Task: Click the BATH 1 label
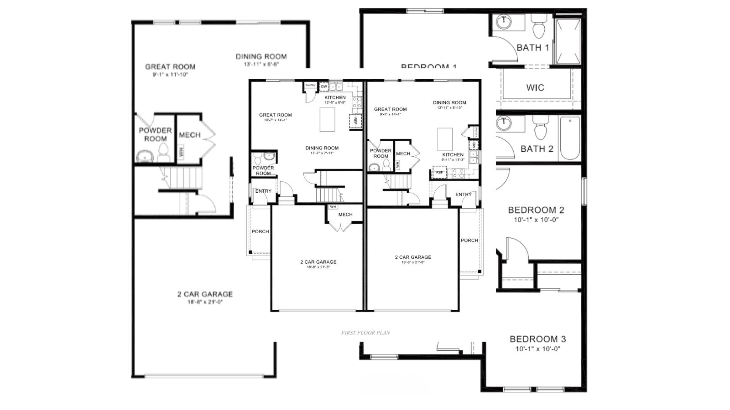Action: [532, 47]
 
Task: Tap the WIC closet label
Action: [535, 87]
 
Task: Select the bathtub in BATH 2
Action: [570, 138]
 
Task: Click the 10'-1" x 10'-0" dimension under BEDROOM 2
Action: [536, 220]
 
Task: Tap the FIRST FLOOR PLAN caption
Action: [365, 333]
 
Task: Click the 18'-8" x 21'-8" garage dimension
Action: [318, 267]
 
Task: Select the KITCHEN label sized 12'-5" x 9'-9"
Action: [335, 97]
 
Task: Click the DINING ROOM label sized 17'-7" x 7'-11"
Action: [322, 148]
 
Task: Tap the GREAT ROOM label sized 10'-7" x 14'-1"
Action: [275, 115]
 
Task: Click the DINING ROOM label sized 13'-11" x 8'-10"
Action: [449, 102]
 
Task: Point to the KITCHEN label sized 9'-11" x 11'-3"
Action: [453, 154]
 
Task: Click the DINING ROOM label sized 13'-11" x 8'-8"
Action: [261, 56]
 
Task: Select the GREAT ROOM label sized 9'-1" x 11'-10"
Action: [170, 67]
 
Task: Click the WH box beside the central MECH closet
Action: [333, 207]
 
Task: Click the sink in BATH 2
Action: [504, 123]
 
